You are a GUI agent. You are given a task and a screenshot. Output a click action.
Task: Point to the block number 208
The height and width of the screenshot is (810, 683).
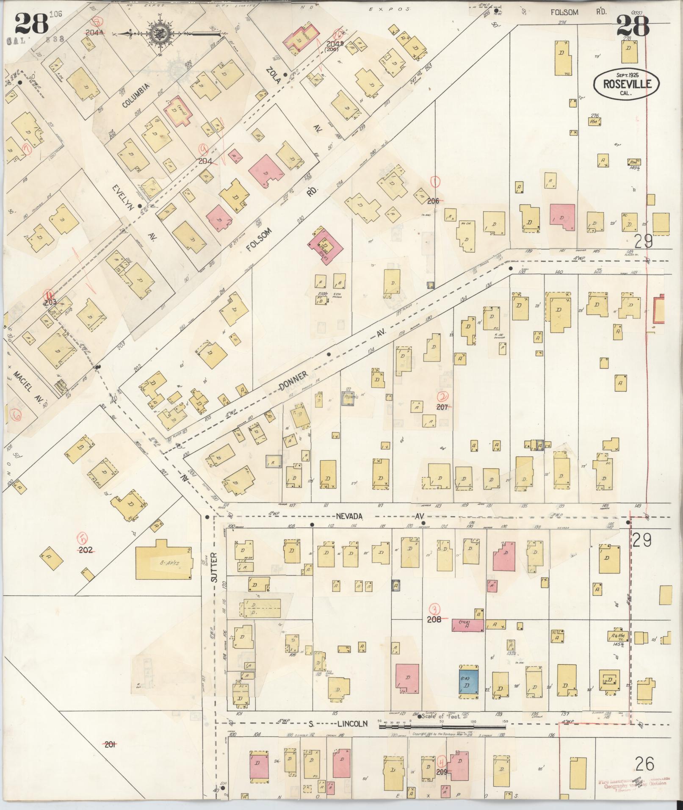point(434,619)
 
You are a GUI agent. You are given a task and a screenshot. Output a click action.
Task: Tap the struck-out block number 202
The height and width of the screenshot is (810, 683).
point(86,550)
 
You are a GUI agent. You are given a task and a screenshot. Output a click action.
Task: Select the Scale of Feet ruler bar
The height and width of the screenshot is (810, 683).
point(442,727)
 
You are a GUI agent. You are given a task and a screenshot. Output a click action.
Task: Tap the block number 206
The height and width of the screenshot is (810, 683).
point(433,201)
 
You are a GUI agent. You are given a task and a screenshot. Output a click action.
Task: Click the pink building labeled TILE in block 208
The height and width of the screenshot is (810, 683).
point(468,625)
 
